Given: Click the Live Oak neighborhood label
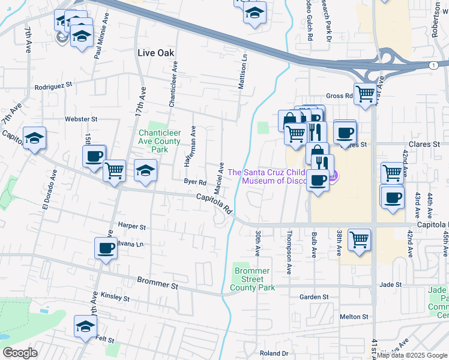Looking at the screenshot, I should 155,53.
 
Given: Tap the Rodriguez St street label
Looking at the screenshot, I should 53,86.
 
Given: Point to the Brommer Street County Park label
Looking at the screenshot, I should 252,280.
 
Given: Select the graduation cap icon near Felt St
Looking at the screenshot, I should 85,326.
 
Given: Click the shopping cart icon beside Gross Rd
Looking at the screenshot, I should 364,94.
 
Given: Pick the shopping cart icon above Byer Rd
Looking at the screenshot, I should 114,170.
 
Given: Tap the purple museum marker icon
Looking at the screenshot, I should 334,176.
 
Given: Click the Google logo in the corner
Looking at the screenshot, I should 20,353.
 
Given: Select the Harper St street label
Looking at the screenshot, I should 132,227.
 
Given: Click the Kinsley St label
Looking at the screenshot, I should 115,297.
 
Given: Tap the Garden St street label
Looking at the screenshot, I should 314,297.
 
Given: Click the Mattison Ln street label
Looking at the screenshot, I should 243,73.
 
